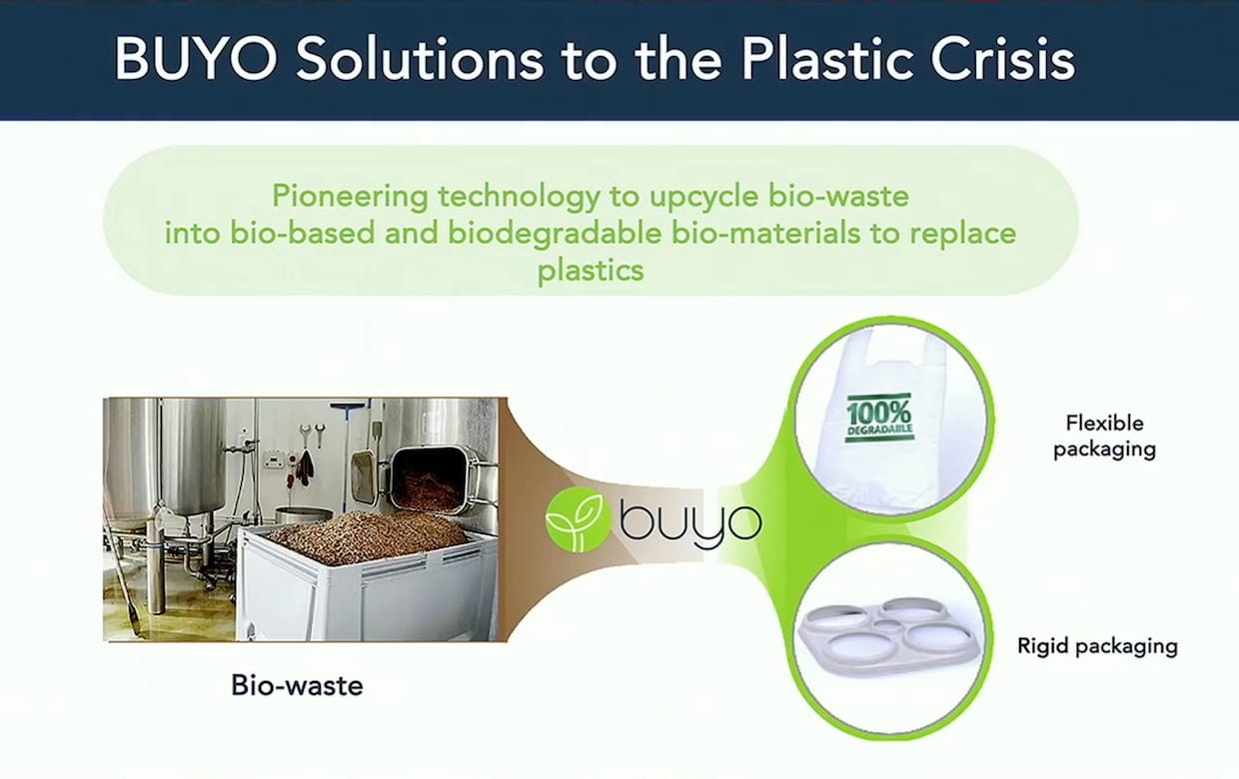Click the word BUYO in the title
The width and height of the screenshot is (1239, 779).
coord(196,59)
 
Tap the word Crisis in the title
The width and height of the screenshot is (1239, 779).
coord(1003,59)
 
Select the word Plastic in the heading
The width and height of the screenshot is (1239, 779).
coord(826,59)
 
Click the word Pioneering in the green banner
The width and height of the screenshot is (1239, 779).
coord(350,197)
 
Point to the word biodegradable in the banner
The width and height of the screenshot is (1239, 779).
coord(555,233)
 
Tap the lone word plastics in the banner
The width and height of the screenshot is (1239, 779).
coord(591,271)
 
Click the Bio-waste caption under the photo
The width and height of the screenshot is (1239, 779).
coord(297,685)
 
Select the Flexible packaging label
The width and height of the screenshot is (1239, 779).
coord(1104,436)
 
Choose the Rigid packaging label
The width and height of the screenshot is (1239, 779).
coord(1097,646)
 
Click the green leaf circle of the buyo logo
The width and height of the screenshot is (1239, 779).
coord(578,519)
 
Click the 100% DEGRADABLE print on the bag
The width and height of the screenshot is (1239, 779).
coord(879,418)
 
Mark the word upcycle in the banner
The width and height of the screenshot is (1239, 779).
coord(703,198)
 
